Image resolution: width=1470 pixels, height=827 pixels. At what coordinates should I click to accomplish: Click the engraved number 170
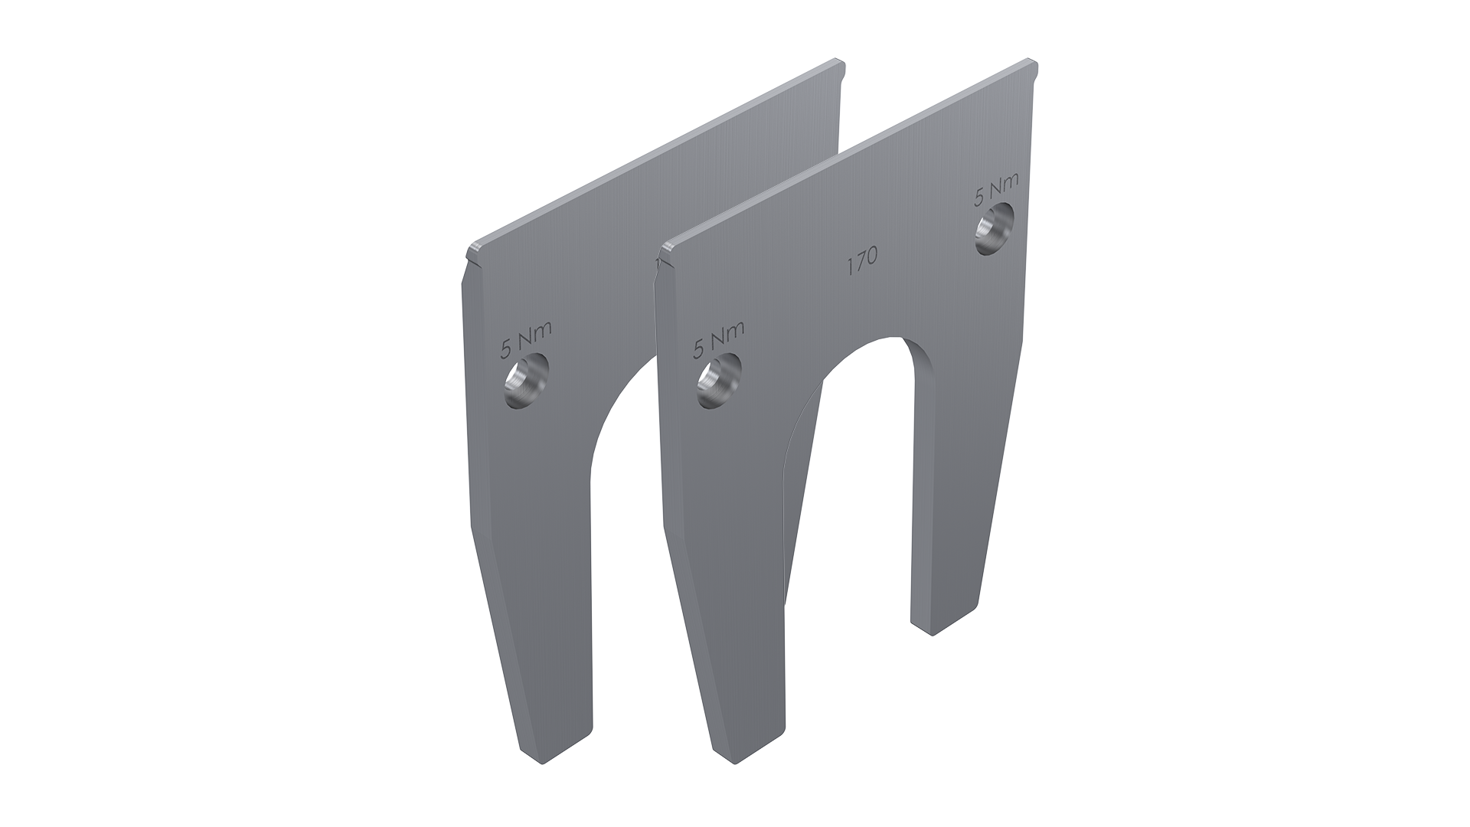coord(861,263)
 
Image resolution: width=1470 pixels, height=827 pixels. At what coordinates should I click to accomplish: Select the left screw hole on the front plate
coord(719,381)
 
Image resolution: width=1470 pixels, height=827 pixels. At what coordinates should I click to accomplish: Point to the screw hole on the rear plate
coord(528,381)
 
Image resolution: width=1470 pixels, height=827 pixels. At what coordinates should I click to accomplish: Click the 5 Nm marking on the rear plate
coord(526,340)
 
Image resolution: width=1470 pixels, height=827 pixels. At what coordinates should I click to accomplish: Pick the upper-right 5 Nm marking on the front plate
coord(996,189)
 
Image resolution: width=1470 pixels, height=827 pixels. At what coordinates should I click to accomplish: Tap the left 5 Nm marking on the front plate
coord(718,339)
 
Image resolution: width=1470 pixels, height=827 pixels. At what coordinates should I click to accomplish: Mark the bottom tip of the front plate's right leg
coord(932,633)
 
